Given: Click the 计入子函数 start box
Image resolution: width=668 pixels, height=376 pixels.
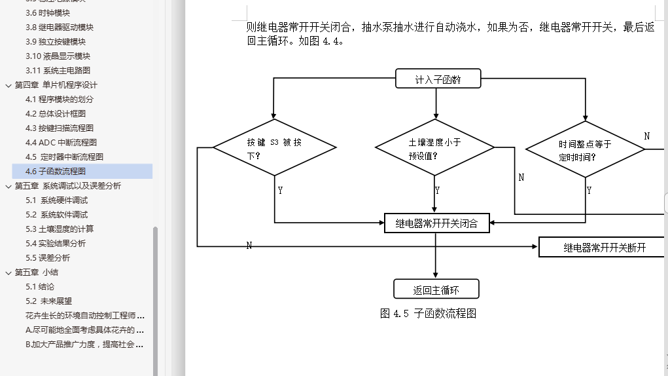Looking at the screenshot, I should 438,79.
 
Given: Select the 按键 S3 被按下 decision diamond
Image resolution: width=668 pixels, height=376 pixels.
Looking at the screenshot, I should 274,147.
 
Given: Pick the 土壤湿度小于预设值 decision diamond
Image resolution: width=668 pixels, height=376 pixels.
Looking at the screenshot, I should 435,147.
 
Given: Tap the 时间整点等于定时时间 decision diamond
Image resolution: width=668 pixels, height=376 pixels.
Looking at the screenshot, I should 585,149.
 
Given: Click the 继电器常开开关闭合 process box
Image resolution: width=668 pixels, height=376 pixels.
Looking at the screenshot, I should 436,223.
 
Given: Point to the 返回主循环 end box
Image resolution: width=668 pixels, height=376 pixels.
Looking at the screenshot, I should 436,290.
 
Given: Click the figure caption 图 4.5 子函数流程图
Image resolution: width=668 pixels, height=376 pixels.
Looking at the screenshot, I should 428,314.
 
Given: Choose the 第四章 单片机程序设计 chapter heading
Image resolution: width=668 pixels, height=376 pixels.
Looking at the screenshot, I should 56,85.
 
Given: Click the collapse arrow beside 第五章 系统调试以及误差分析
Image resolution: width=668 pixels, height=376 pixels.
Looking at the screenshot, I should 8,186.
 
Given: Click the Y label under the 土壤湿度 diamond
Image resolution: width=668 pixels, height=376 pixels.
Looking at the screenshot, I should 437,190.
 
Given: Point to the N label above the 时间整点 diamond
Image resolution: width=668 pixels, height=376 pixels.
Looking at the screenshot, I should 647,136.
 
